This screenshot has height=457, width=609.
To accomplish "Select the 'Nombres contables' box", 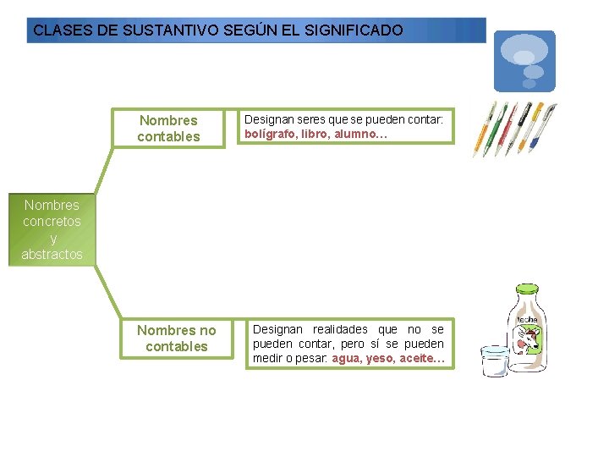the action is point(169,129).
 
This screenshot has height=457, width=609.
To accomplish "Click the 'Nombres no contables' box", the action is point(177,339).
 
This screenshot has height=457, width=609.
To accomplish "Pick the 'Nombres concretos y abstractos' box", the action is point(52,229).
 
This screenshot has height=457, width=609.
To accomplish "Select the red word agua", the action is point(347,359).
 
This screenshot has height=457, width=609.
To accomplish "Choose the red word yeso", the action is point(380,359).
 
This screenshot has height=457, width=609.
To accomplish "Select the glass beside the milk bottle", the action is point(493,361).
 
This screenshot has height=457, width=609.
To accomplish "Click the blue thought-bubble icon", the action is point(524,61).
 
